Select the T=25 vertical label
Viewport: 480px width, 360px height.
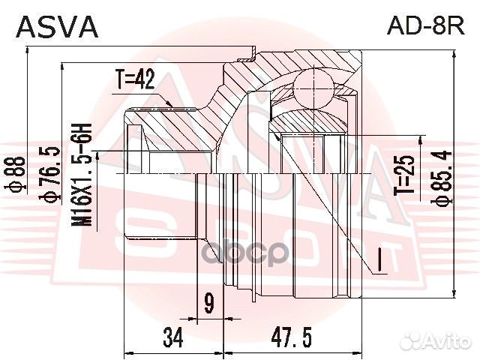pos(406,175)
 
